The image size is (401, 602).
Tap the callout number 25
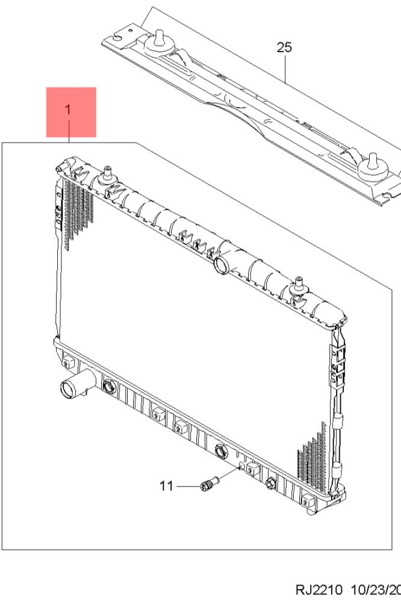(x=284, y=48)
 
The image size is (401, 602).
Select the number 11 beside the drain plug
(x=166, y=485)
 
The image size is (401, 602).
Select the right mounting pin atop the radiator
(x=298, y=287)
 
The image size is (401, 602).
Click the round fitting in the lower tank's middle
(x=220, y=448)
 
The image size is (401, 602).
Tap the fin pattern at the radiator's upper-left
(x=75, y=211)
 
